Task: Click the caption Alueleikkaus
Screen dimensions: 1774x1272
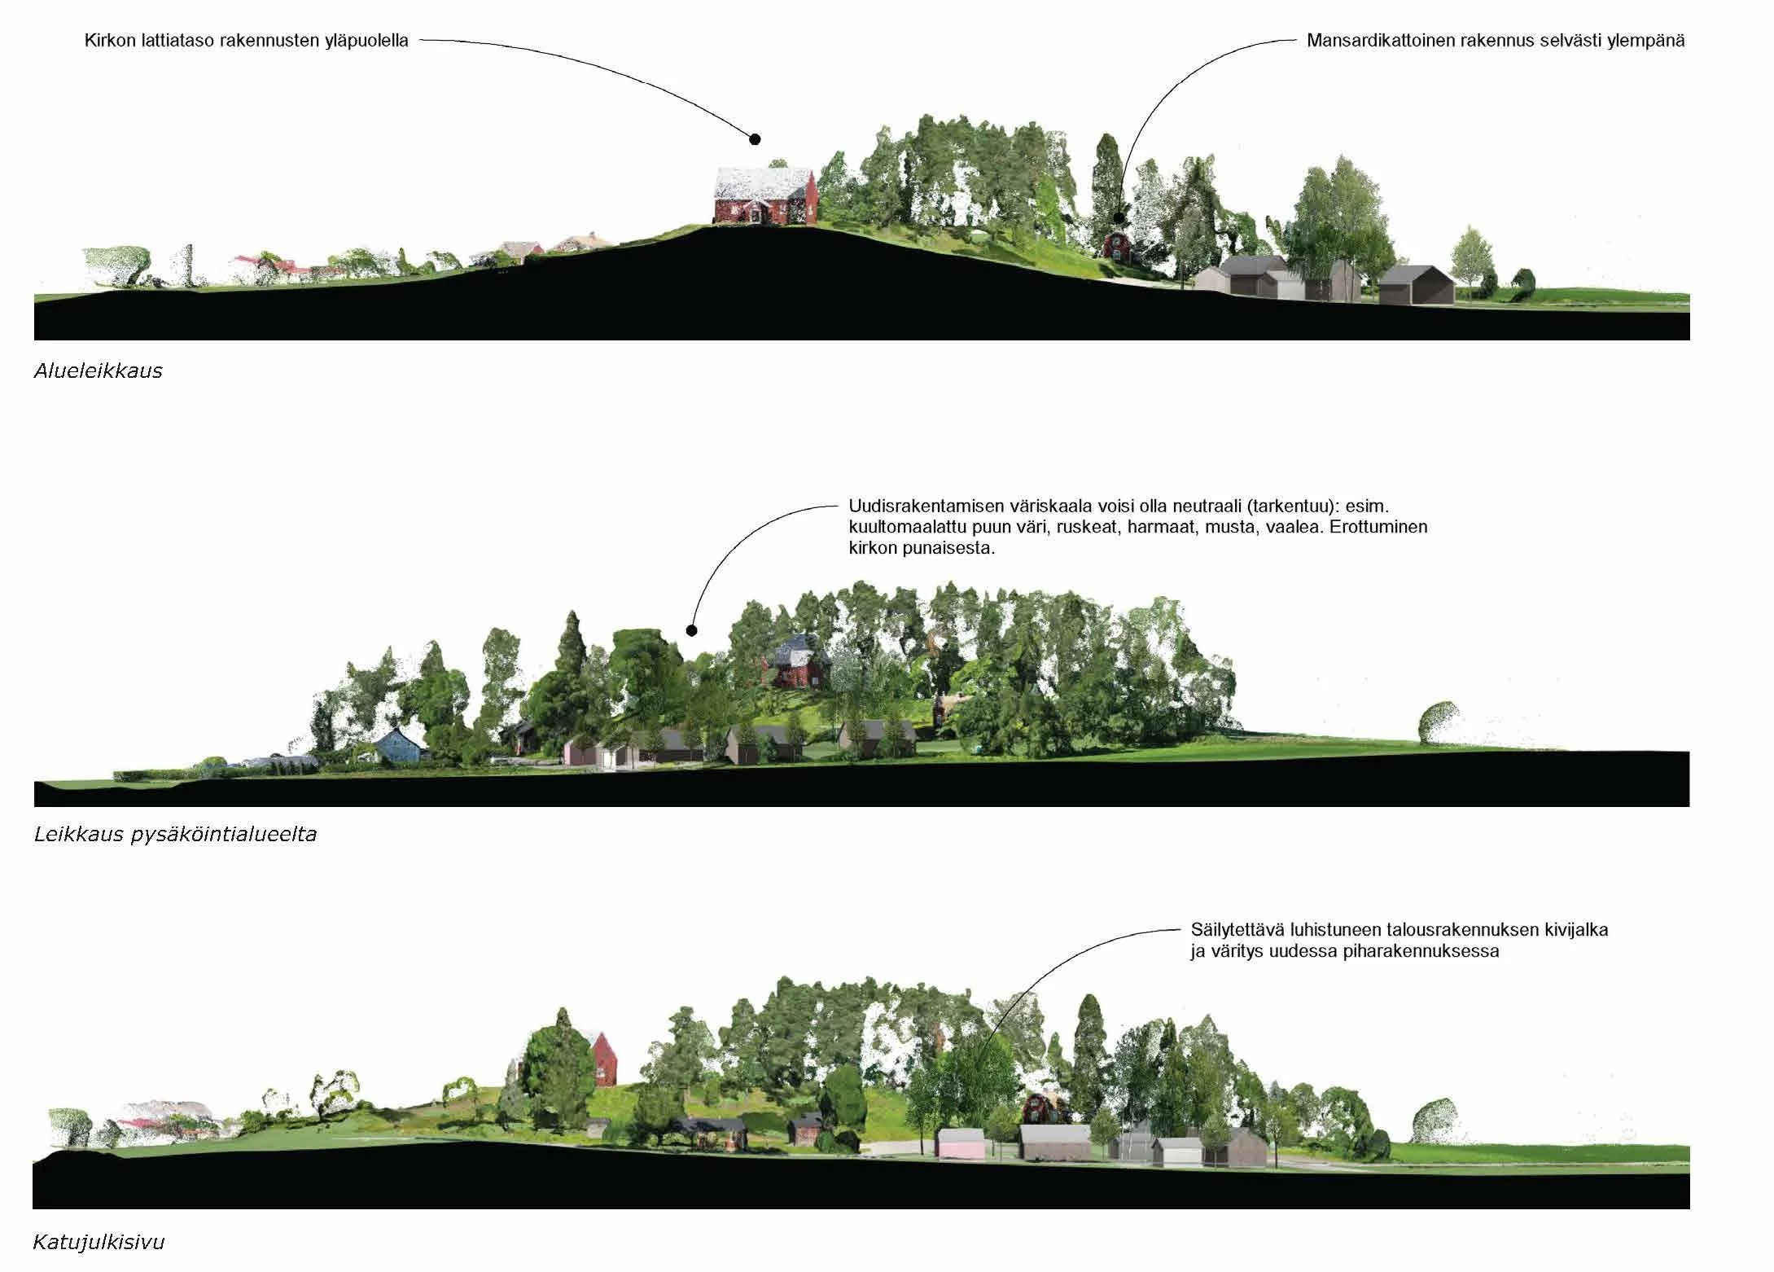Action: pyautogui.click(x=98, y=371)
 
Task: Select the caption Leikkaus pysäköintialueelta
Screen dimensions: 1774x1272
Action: pyautogui.click(x=175, y=834)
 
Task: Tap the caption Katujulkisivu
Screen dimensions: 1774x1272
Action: pyautogui.click(x=99, y=1242)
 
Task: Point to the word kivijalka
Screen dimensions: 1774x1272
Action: pyautogui.click(x=1573, y=929)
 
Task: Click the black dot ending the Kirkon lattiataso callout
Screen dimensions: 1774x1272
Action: pyautogui.click(x=755, y=139)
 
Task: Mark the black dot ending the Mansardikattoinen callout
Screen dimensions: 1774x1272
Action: pyautogui.click(x=1119, y=217)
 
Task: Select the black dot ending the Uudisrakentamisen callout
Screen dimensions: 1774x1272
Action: pyautogui.click(x=691, y=629)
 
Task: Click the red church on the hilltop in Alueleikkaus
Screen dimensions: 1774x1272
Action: pyautogui.click(x=764, y=198)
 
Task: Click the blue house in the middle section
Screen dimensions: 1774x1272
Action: pyautogui.click(x=399, y=745)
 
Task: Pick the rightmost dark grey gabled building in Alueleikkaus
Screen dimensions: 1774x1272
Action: pyautogui.click(x=1416, y=285)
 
